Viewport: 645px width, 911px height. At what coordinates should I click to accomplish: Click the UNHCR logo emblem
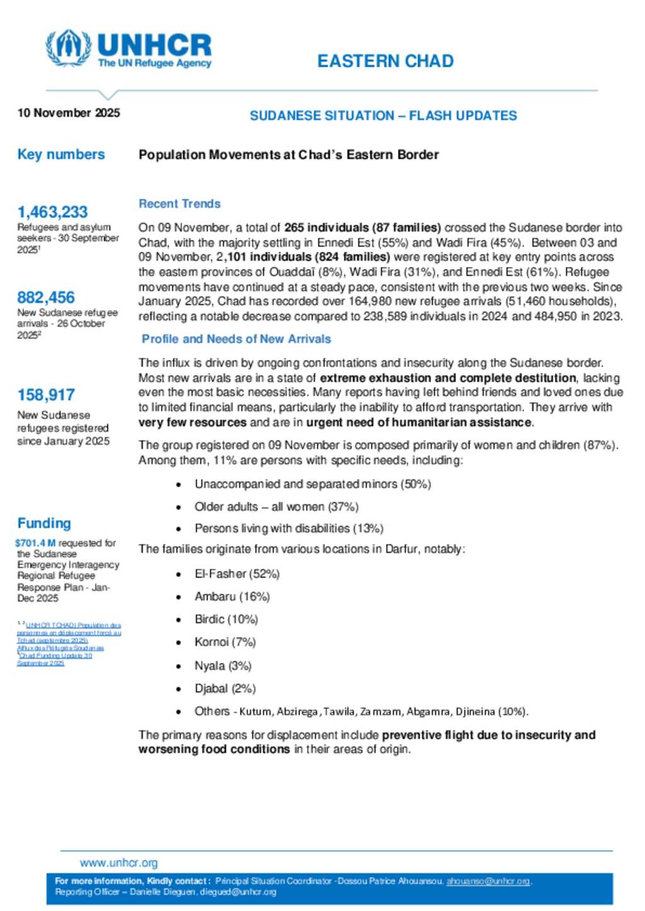(x=69, y=48)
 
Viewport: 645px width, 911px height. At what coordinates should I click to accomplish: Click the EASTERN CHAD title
(x=385, y=61)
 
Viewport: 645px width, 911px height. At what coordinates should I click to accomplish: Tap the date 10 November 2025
(x=69, y=113)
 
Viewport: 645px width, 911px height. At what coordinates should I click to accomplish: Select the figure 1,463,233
(x=52, y=212)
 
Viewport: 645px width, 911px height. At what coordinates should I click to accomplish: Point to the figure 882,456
(x=46, y=298)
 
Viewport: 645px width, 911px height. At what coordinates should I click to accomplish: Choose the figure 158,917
(x=46, y=395)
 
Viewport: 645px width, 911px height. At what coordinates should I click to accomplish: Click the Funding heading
(x=44, y=523)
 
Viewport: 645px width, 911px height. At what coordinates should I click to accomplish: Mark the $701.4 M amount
(x=35, y=543)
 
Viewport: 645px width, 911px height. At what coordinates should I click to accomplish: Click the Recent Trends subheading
(x=180, y=204)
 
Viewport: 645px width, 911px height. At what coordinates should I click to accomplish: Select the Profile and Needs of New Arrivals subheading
(x=236, y=339)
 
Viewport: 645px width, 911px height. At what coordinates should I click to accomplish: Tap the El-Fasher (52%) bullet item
(x=237, y=574)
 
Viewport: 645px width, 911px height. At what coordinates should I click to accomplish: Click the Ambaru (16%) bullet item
(x=232, y=596)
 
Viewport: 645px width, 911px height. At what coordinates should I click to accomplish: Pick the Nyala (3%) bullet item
(x=223, y=665)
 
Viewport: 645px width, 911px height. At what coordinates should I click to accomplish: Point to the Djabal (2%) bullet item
(x=225, y=688)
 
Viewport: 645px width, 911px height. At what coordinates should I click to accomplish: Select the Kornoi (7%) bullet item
(x=225, y=642)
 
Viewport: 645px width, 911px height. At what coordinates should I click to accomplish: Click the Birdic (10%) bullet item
(x=226, y=620)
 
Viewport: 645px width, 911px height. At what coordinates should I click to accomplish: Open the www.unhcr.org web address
(x=118, y=863)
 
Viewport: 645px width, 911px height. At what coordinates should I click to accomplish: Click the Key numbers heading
(x=61, y=155)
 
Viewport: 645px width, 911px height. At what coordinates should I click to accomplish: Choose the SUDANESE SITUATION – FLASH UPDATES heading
(x=383, y=116)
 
